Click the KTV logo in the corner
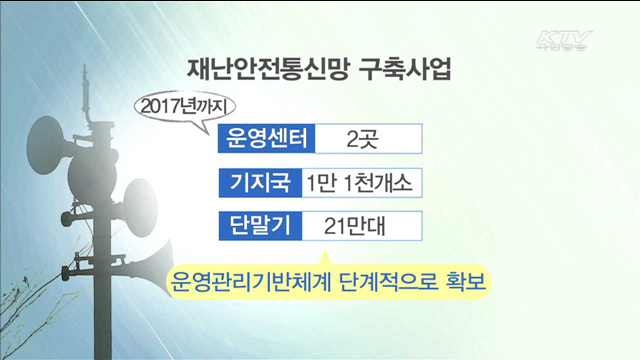pos(564,41)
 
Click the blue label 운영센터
pos(266,138)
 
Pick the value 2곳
pos(360,138)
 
